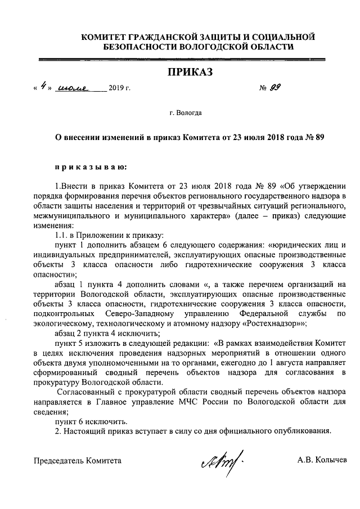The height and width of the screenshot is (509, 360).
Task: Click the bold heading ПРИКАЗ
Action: [x=190, y=72]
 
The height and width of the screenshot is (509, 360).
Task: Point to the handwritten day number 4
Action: [x=43, y=87]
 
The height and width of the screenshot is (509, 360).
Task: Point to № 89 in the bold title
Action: [x=313, y=137]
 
